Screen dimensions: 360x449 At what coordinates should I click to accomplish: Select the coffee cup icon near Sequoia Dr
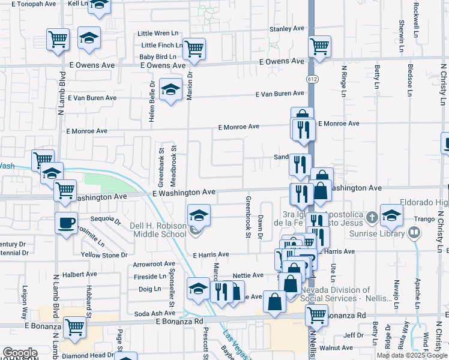pyautogui.click(x=66, y=223)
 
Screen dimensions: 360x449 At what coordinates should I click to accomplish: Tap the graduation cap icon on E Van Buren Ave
pyautogui.click(x=171, y=90)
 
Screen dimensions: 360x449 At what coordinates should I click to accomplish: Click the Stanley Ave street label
pyautogui.click(x=287, y=28)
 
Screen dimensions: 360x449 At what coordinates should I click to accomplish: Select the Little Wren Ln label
pyautogui.click(x=159, y=34)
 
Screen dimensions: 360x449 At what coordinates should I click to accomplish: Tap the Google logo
pyautogui.click(x=20, y=352)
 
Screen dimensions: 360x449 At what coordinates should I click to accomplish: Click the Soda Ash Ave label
pyautogui.click(x=154, y=314)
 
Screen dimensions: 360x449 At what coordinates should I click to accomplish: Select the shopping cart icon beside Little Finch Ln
pyautogui.click(x=194, y=48)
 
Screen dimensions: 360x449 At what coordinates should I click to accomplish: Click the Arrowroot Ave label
pyautogui.click(x=154, y=263)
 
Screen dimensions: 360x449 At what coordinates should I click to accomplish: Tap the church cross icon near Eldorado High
pyautogui.click(x=372, y=217)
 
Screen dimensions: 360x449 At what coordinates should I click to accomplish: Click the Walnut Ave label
pyautogui.click(x=336, y=347)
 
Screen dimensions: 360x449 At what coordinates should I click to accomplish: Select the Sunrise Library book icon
pyautogui.click(x=415, y=232)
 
